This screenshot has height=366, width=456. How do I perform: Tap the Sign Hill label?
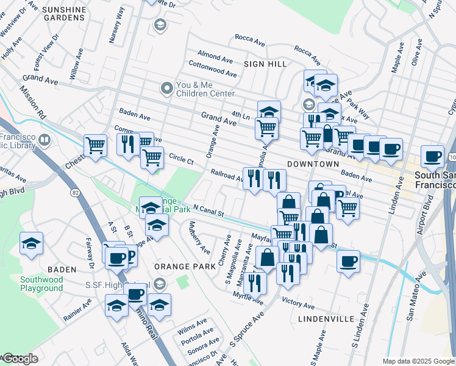tap(262, 63)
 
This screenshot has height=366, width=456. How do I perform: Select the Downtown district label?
tap(313, 164)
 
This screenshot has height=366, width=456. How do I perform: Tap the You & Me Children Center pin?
tap(166, 89)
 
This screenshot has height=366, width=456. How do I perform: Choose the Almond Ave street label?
tap(215, 57)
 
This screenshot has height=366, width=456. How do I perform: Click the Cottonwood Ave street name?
tap(213, 69)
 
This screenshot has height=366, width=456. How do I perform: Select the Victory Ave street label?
tap(299, 304)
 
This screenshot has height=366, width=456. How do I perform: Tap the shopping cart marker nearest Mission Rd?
tap(96, 145)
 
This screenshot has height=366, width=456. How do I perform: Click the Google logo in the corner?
tap(20, 359)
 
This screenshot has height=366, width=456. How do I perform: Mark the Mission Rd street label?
tap(32, 102)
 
